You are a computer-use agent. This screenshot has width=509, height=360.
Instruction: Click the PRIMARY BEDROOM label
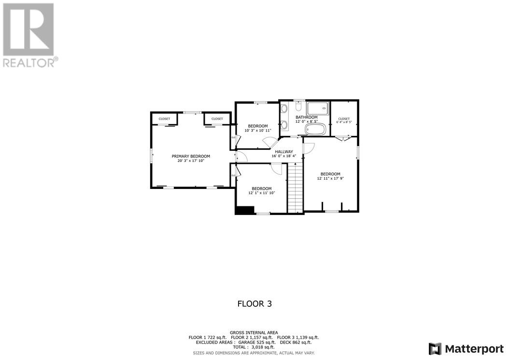pos(191,156)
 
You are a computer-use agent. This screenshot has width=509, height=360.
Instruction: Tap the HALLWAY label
pos(284,152)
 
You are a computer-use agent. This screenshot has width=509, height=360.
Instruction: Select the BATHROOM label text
pos(306,117)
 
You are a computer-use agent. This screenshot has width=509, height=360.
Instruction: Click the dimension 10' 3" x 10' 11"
pos(258,130)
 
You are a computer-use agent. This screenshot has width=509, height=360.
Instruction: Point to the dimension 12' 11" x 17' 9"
pos(330,178)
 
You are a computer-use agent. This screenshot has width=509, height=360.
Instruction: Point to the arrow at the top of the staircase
pos(295,165)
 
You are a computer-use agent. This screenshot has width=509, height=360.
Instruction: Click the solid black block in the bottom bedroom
pos(244,210)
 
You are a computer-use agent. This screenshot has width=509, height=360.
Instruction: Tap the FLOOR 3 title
pos(257,304)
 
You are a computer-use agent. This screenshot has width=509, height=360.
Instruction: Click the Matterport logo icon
pos(435,349)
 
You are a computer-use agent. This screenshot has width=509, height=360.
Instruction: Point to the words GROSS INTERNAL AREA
pos(254,332)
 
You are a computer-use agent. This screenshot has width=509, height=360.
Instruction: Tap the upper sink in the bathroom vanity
pos(284,109)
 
